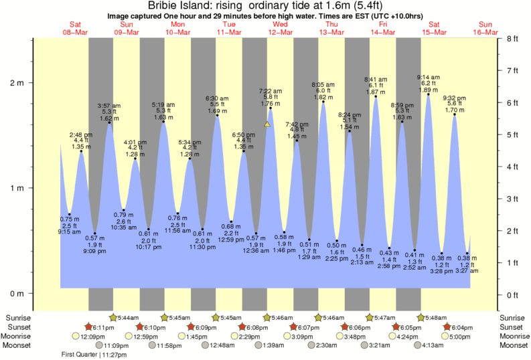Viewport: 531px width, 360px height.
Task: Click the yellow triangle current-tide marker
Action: (267, 124)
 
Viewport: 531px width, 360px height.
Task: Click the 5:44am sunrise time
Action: (127, 317)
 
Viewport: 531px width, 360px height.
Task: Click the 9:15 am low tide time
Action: (70, 232)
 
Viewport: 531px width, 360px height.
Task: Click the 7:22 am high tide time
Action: (270, 90)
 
